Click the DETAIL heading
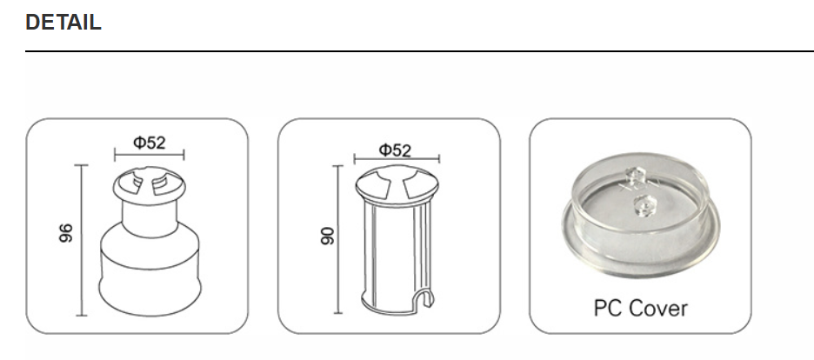pyautogui.click(x=63, y=23)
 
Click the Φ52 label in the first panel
pyautogui.click(x=149, y=143)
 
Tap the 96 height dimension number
pyautogui.click(x=67, y=233)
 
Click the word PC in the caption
pyautogui.click(x=607, y=308)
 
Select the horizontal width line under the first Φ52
pyautogui.click(x=149, y=157)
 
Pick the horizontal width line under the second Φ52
pyautogui.click(x=397, y=160)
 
